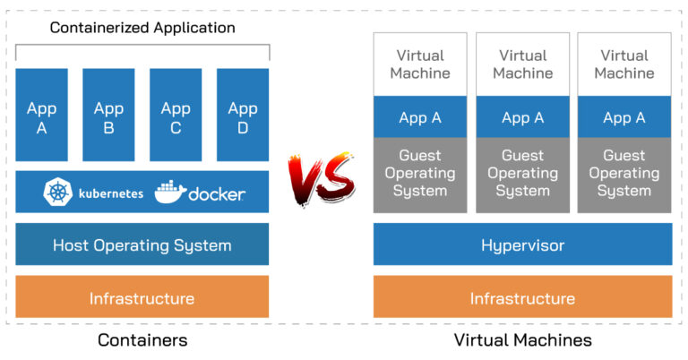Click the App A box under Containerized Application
[x=41, y=116]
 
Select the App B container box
[x=108, y=116]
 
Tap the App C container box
[x=176, y=116]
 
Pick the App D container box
[x=243, y=116]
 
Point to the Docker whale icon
[x=170, y=193]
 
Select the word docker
[x=217, y=193]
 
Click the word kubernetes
[x=110, y=193]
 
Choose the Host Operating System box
[x=142, y=244]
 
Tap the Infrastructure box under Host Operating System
[x=142, y=297]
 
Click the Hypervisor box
[x=522, y=244]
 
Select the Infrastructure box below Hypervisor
[x=522, y=297]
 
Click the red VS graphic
[x=320, y=177]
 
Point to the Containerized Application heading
[x=142, y=28]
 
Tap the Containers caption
[x=142, y=340]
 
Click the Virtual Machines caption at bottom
[x=522, y=340]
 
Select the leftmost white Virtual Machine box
[x=420, y=64]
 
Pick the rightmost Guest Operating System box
[x=624, y=174]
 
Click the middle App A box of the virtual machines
[x=522, y=117]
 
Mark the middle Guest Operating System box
[x=522, y=174]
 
